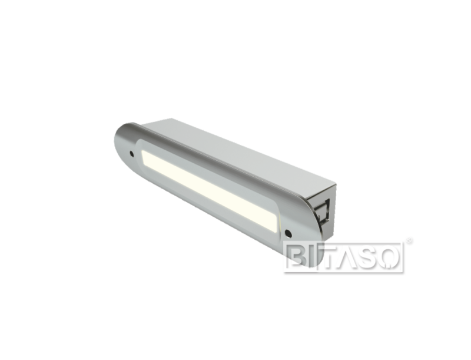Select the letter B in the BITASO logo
click(x=295, y=257)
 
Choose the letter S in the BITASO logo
click(x=373, y=257)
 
